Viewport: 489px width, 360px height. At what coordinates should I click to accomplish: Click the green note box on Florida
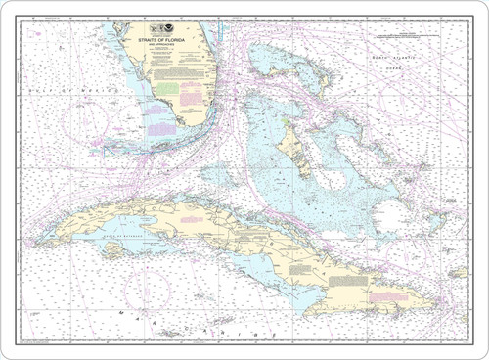pos(168,87)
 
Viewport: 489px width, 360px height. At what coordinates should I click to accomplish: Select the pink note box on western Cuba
pos(192,219)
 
